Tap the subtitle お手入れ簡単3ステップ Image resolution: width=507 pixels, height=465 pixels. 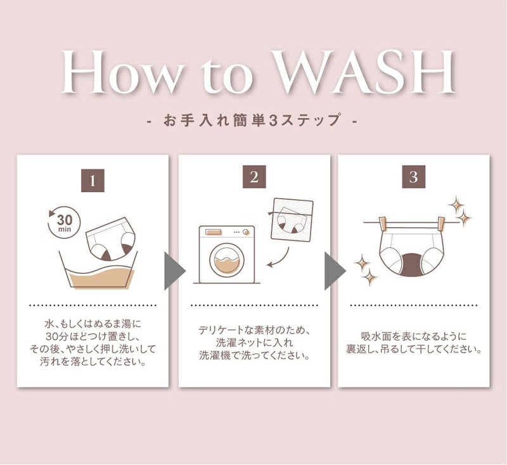[x=252, y=120]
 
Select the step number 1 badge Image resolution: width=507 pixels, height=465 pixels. [x=93, y=180]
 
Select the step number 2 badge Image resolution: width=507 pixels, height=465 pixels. [x=254, y=177]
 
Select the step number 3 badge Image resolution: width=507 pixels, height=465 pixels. [x=413, y=177]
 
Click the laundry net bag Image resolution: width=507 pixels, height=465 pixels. [x=293, y=219]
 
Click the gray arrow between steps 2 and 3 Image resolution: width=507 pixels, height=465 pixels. [x=335, y=271]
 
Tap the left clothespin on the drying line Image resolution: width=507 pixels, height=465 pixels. [x=383, y=223]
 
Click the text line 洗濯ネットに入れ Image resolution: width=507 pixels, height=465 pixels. [x=254, y=343]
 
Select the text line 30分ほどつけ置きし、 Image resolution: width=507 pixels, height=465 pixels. [x=93, y=336]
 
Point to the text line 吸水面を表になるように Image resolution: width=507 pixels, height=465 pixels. [x=414, y=336]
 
